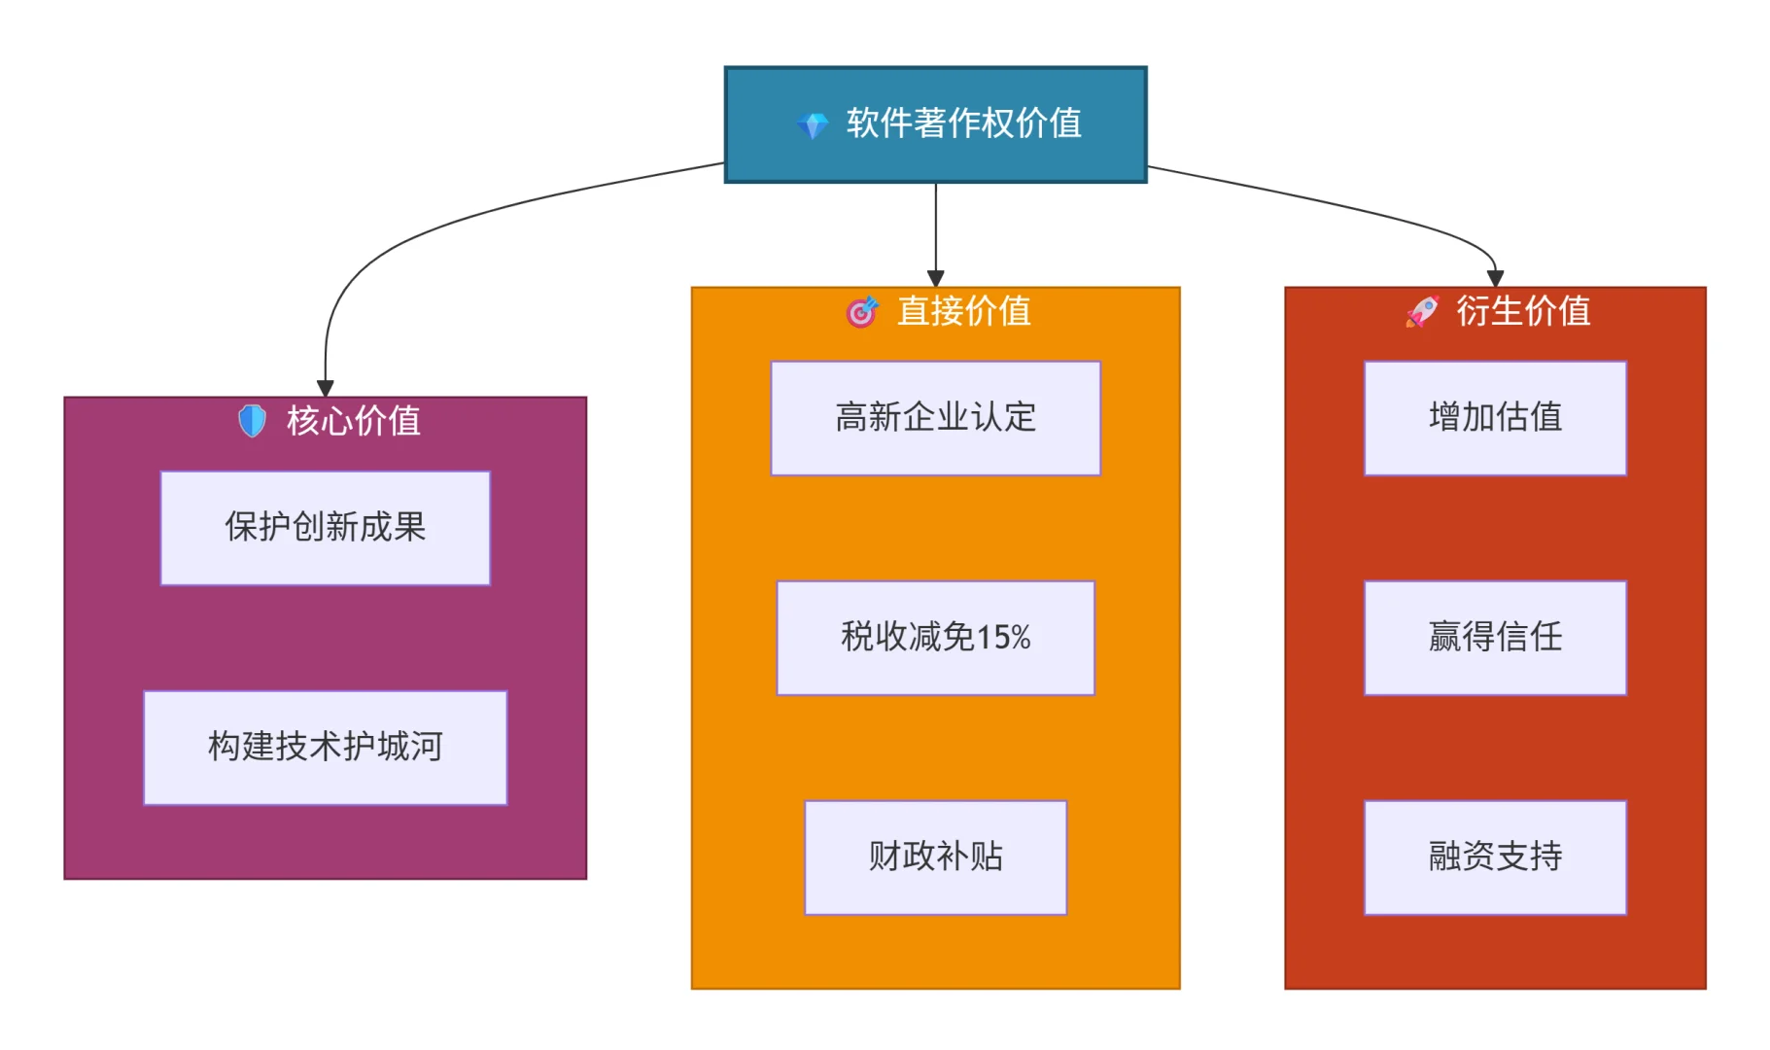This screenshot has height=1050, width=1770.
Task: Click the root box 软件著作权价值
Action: (935, 124)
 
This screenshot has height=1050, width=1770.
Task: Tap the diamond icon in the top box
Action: (813, 124)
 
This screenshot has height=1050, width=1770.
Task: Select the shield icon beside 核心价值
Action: (253, 420)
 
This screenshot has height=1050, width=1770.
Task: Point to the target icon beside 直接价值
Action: (861, 311)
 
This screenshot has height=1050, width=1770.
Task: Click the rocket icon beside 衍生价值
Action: (1422, 311)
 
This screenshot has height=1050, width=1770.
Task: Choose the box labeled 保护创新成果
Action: (326, 528)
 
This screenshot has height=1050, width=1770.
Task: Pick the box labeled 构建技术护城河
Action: (326, 748)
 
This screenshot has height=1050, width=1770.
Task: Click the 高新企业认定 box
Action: (935, 418)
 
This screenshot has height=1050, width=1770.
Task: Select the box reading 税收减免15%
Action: (935, 638)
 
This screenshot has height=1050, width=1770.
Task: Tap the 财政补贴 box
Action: (935, 857)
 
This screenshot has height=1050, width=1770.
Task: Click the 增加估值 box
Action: (1495, 418)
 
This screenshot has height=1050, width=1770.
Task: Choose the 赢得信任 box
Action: (1495, 638)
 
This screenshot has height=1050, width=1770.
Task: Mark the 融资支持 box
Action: (1495, 857)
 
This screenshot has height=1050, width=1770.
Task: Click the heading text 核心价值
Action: (354, 420)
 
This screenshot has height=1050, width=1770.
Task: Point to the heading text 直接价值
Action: (963, 311)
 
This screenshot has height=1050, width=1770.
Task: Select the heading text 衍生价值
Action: (1523, 311)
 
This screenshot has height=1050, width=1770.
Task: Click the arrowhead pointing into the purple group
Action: (326, 389)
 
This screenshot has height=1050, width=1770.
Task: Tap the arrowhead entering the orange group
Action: (936, 279)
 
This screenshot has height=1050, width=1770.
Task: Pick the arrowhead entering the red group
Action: (1495, 279)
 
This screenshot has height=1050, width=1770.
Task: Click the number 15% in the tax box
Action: (1003, 638)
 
